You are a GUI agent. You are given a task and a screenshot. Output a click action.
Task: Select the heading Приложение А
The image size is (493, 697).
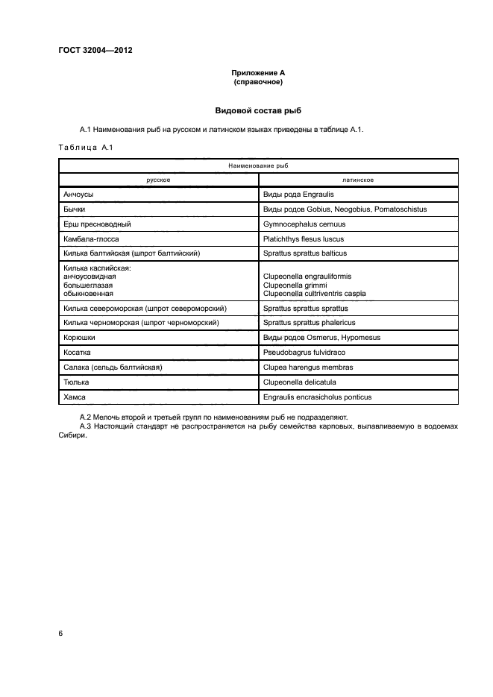point(258,72)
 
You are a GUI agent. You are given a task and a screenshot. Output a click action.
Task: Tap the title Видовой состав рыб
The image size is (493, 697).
point(258,110)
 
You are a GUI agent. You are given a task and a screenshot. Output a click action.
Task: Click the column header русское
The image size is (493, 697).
point(159,180)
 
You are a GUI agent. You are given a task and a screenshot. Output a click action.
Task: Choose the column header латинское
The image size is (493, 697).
point(358,180)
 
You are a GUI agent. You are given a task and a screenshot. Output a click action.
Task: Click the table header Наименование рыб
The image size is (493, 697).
point(258,165)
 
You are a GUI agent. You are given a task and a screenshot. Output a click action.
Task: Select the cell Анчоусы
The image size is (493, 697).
point(83,194)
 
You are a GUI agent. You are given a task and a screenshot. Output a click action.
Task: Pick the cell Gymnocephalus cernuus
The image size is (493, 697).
point(304,224)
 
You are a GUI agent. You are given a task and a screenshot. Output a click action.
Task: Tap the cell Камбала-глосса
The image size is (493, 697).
point(92,239)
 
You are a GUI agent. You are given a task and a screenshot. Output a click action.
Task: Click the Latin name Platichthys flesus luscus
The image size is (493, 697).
point(308,239)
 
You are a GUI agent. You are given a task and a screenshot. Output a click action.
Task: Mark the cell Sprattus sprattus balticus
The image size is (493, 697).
point(305,253)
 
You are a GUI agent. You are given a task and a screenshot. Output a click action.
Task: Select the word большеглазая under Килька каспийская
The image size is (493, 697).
point(90,285)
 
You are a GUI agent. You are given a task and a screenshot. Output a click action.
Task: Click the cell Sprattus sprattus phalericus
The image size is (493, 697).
point(310,322)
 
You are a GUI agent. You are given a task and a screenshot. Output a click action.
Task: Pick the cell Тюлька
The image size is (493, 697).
point(78,382)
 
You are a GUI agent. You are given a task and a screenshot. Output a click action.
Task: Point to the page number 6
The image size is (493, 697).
point(61,633)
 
